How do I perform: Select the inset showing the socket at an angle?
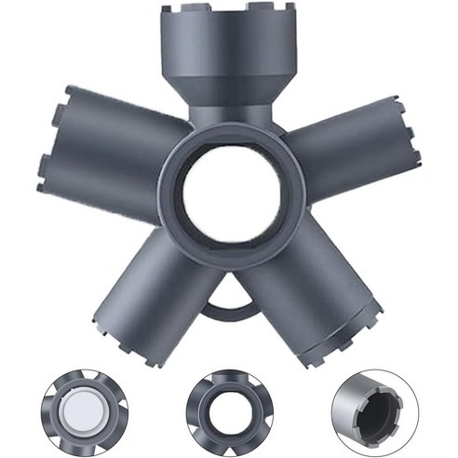coord(372,409)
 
